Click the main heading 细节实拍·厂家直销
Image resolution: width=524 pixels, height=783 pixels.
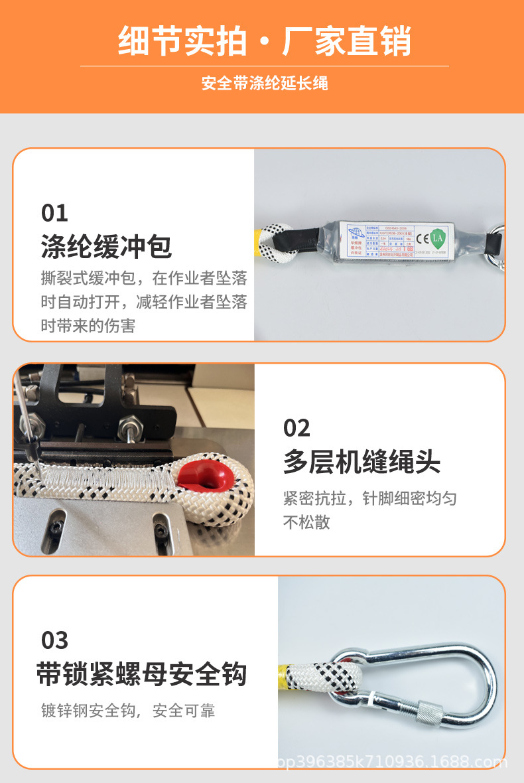click(265, 41)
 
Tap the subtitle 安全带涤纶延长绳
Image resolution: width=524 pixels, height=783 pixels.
click(265, 84)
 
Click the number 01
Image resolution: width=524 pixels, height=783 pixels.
click(54, 213)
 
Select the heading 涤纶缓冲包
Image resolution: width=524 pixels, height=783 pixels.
click(106, 247)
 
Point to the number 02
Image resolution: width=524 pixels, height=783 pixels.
click(296, 428)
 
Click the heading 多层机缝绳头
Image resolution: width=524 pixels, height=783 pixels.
click(361, 463)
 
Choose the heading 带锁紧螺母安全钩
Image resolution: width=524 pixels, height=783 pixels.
click(141, 675)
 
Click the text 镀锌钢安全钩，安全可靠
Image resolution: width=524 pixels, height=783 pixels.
click(128, 711)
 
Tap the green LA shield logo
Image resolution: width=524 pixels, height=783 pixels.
click(437, 237)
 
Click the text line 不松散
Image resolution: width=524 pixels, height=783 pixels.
click(306, 522)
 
